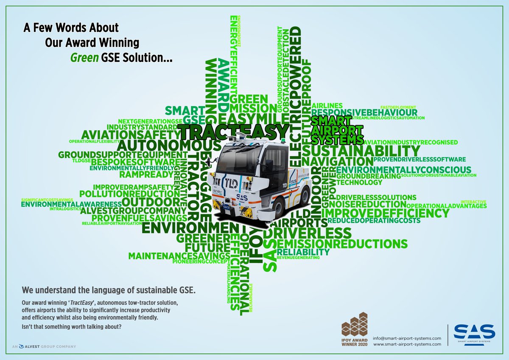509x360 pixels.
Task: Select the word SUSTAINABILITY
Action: tap(361, 151)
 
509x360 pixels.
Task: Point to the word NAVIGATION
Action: tap(338, 162)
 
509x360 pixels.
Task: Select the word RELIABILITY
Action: tap(303, 252)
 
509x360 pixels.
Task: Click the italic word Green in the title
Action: tap(82, 57)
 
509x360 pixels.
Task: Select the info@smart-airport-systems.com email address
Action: tap(407, 338)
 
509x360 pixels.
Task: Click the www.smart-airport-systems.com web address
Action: tap(407, 344)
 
